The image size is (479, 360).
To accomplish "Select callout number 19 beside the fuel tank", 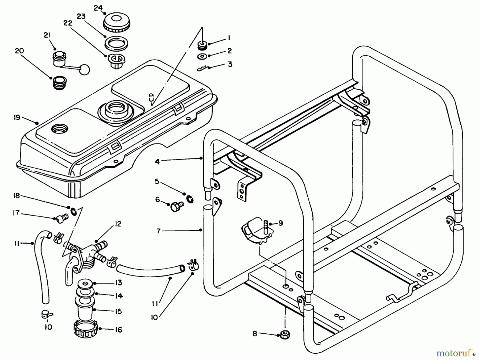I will (x=17, y=117).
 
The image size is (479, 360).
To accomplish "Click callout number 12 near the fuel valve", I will (x=118, y=224).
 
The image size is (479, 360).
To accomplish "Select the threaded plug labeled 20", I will (x=59, y=82).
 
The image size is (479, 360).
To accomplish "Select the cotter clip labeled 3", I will (x=203, y=69).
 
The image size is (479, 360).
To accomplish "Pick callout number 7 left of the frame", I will (x=159, y=231).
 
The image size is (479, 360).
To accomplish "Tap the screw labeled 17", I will (x=63, y=219).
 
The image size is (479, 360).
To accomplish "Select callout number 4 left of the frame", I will (x=157, y=161).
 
